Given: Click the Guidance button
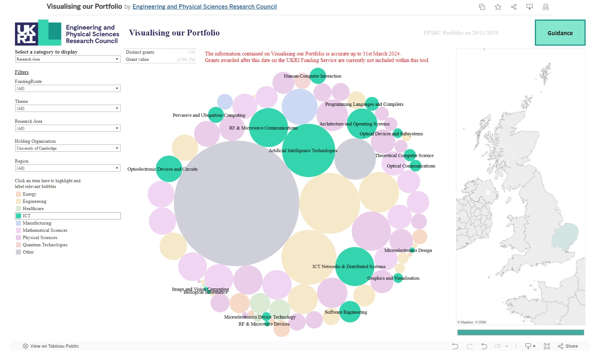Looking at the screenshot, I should (x=560, y=33).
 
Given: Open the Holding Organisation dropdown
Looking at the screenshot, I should (x=68, y=148).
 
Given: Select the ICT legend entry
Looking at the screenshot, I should (x=27, y=216).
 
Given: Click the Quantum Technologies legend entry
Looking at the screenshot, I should (x=45, y=245).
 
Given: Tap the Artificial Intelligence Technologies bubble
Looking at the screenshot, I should (x=309, y=151).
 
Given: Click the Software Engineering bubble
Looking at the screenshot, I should (x=350, y=311).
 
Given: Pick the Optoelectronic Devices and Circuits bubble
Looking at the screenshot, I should (x=169, y=169).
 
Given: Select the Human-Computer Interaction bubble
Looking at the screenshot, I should (x=318, y=76).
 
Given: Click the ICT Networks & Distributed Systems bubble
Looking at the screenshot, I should (x=355, y=267).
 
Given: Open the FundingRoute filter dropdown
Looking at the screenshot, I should (x=68, y=88).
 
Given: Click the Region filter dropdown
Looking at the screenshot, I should (x=68, y=168).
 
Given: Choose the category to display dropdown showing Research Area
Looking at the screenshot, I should (x=68, y=59).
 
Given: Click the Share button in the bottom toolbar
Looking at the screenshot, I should (x=568, y=346).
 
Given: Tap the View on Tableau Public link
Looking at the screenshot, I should (x=51, y=346).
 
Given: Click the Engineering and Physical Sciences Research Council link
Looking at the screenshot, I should (x=205, y=7).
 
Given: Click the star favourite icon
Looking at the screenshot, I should (x=498, y=7).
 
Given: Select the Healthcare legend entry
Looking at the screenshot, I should (x=33, y=209).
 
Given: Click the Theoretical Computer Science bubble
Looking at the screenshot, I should (x=410, y=155).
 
